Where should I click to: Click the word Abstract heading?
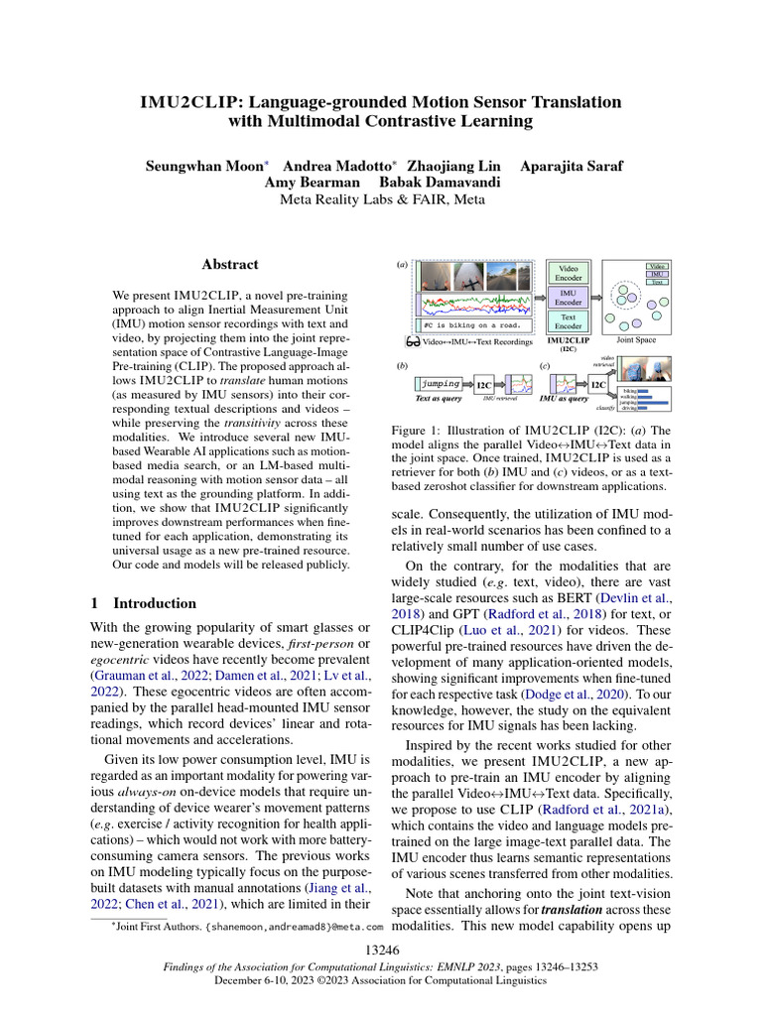click(x=229, y=265)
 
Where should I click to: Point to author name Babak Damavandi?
click(x=438, y=183)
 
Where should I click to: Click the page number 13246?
click(x=381, y=951)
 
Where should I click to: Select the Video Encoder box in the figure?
click(x=569, y=273)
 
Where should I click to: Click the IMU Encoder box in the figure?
click(x=569, y=297)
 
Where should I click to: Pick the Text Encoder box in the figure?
click(x=569, y=320)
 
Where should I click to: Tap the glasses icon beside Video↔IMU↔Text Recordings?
click(x=413, y=342)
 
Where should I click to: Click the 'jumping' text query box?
click(x=440, y=383)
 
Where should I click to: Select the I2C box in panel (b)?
click(x=483, y=384)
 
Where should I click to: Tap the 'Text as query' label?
click(x=441, y=399)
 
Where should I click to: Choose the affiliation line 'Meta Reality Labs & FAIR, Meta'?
click(x=381, y=199)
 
